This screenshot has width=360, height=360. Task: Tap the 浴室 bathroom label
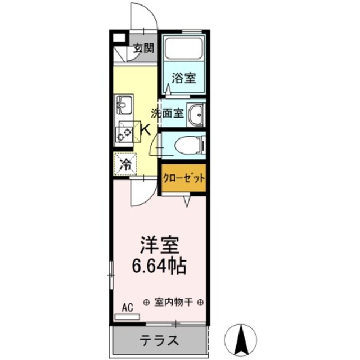[184, 78]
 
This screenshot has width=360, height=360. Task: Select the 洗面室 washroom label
[167, 112]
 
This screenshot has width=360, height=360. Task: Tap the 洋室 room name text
[159, 246]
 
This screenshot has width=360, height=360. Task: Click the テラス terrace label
[159, 341]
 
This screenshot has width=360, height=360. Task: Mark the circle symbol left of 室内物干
[146, 302]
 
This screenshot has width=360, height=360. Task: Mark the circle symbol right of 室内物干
[200, 302]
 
